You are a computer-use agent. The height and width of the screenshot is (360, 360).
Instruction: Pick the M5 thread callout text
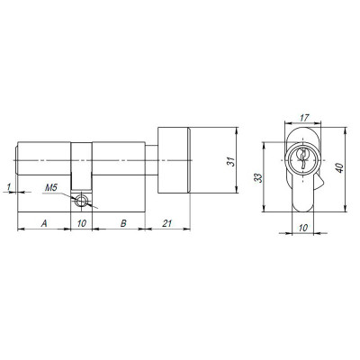click(x=52, y=189)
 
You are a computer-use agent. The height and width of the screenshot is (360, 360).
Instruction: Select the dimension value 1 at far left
click(x=8, y=186)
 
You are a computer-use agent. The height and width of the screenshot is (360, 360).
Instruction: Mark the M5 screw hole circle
click(x=83, y=202)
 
